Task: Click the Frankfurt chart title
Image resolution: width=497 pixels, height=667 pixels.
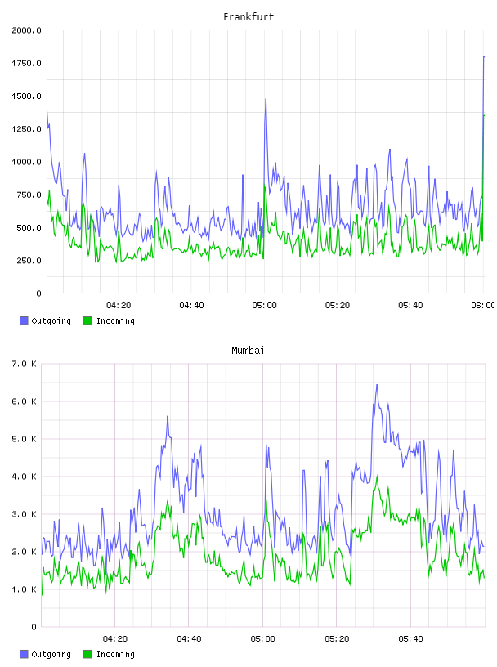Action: [x=248, y=16]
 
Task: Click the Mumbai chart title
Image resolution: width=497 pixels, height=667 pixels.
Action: [x=248, y=350]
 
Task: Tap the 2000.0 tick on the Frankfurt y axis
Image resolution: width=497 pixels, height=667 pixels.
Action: [x=26, y=30]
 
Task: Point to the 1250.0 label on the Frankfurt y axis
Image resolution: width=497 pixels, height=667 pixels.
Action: [x=26, y=129]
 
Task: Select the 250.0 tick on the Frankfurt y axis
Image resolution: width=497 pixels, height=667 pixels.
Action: [x=29, y=260]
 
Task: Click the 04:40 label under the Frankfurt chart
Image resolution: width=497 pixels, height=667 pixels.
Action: [x=191, y=305]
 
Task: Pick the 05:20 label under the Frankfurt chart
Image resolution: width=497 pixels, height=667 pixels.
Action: [x=338, y=305]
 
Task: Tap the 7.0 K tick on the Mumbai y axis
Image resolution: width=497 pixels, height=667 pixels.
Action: [x=24, y=364]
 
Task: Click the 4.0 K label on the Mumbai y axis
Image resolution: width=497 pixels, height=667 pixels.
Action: [x=24, y=477]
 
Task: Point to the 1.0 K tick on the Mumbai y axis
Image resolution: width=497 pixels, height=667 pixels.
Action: [x=24, y=589]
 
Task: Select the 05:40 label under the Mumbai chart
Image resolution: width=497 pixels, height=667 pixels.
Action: [x=410, y=638]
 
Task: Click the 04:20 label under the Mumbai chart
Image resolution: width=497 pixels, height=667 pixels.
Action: [x=115, y=638]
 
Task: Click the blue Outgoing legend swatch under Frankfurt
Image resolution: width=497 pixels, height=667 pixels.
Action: [x=24, y=320]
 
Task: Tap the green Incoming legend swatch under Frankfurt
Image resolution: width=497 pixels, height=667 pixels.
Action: [x=87, y=320]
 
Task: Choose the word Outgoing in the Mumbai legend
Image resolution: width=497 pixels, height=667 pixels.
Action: [x=51, y=654]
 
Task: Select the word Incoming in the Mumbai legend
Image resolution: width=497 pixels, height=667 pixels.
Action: [x=115, y=654]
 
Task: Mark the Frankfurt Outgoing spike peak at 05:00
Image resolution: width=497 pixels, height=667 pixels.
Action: [x=266, y=99]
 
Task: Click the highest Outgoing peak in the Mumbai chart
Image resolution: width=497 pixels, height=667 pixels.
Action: [x=377, y=384]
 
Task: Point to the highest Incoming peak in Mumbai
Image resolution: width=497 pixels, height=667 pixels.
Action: [x=377, y=476]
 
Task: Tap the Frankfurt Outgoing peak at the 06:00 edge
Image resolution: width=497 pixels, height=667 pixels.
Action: [x=484, y=56]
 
